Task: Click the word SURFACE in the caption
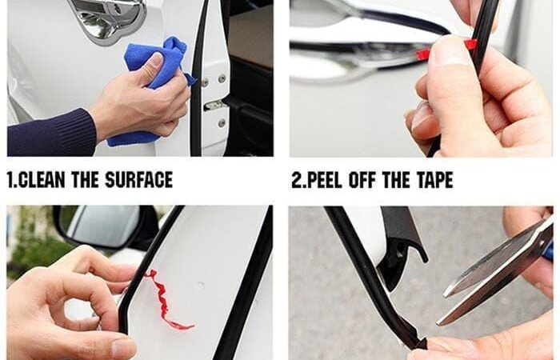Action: pyautogui.click(x=139, y=180)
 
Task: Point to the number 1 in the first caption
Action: pyautogui.click(x=11, y=180)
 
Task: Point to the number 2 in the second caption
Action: pyautogui.click(x=298, y=180)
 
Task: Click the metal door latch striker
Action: pyautogui.click(x=215, y=106)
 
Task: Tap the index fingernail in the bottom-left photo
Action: pyautogui.click(x=123, y=349)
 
